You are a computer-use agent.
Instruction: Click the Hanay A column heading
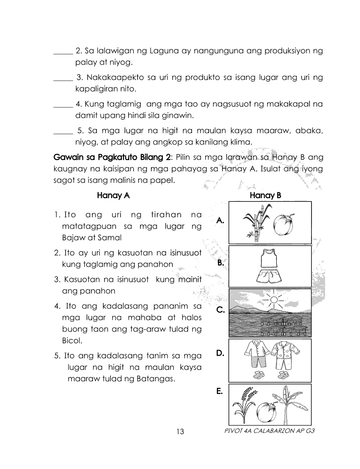[x=113, y=195]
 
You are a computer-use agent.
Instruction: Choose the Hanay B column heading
[x=265, y=195]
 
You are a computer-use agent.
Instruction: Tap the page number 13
[x=181, y=432]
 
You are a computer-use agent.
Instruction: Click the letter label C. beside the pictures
[x=220, y=311]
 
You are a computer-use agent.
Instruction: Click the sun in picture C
[x=274, y=300]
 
